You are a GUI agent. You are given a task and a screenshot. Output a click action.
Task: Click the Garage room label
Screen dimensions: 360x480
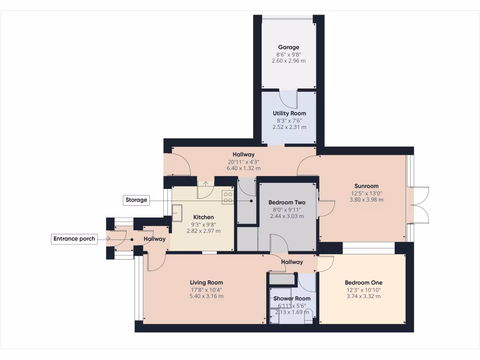289,47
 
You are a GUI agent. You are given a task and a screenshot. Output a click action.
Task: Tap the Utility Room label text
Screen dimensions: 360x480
289,113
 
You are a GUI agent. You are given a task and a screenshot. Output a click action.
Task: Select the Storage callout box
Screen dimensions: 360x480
136,200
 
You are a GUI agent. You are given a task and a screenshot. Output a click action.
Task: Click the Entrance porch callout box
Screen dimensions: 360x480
74,239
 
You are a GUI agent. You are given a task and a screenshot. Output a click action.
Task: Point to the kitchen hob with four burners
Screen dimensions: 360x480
228,197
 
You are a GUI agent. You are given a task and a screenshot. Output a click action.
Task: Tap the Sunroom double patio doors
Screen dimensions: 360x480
420,205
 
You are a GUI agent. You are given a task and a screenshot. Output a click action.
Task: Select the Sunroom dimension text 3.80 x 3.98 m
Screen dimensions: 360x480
366,200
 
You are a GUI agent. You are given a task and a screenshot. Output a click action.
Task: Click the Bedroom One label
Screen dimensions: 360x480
363,283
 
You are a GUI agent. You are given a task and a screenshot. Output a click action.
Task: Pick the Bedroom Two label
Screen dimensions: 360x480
287,202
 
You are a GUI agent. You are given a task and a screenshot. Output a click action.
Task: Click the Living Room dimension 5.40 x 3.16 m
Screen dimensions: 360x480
206,296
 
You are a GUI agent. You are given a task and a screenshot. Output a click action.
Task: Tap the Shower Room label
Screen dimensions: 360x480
292,299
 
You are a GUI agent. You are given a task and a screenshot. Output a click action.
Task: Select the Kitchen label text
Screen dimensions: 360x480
203,217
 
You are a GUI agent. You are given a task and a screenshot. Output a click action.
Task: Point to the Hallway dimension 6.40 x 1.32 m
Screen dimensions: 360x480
243,168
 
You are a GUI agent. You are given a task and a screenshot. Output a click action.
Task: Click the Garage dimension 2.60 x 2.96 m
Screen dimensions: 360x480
289,60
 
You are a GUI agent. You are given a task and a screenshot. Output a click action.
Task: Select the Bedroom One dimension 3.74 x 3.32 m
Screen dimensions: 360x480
363,296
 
